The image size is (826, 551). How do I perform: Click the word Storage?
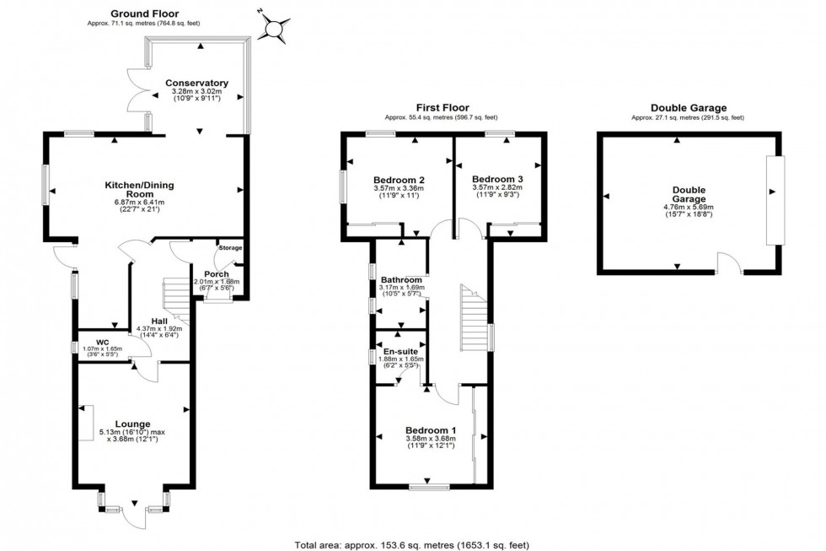230,248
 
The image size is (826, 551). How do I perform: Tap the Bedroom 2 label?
398,180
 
